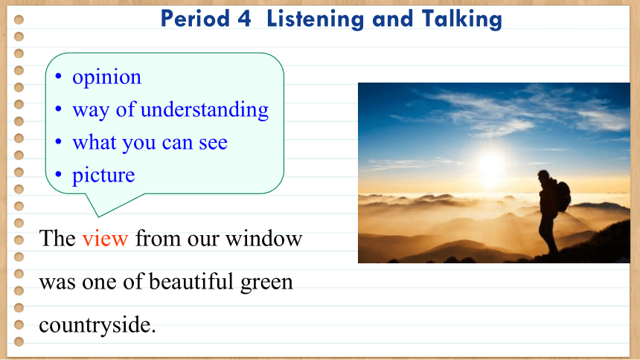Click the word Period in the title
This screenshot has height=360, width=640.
(x=195, y=19)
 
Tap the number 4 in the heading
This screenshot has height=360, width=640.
(x=243, y=19)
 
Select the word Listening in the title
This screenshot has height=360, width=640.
(x=315, y=19)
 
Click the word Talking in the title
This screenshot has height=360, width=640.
(x=461, y=19)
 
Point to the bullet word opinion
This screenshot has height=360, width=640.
(x=106, y=77)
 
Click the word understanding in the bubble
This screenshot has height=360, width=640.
(x=205, y=109)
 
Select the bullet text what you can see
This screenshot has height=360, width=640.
(x=150, y=143)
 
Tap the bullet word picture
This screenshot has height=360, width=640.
(x=103, y=176)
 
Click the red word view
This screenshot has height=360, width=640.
(x=105, y=238)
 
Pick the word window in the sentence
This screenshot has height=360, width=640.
(x=263, y=238)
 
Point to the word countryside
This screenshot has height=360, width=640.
(x=97, y=325)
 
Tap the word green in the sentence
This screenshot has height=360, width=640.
(x=266, y=283)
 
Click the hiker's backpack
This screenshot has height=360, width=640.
(x=563, y=196)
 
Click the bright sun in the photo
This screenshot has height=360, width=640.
(x=491, y=165)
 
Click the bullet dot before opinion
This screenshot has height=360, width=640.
(x=58, y=76)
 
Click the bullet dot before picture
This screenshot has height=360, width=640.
(x=58, y=175)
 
